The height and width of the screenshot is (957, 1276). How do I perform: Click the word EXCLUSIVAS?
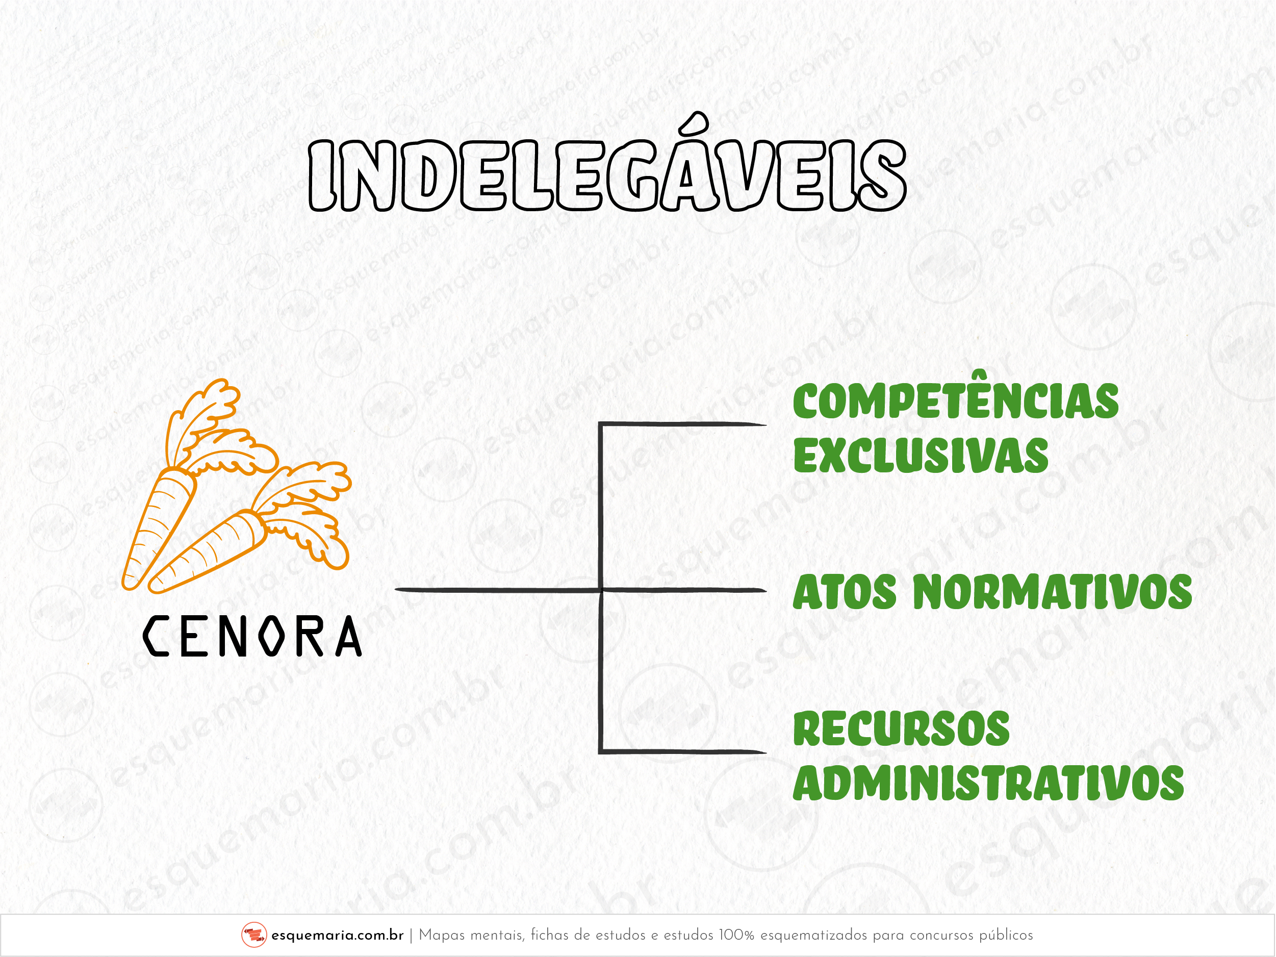[921, 455]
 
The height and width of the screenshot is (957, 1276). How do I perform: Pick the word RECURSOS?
[901, 728]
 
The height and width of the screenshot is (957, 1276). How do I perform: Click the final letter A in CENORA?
[348, 636]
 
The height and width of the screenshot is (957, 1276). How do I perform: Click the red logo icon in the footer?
[254, 935]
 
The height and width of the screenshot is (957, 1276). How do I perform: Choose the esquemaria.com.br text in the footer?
[338, 935]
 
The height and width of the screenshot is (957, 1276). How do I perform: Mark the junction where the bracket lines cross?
[601, 590]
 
